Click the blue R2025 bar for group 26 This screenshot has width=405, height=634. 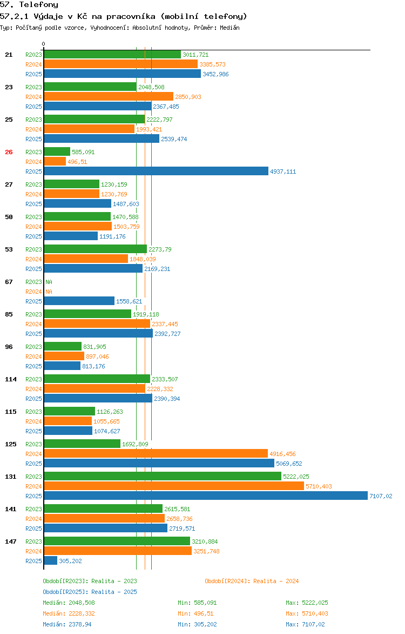[156, 171]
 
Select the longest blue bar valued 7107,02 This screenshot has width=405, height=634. [205, 496]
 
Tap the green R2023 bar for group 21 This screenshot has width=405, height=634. [112, 55]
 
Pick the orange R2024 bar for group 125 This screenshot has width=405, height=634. [156, 454]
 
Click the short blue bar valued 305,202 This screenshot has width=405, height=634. [50, 561]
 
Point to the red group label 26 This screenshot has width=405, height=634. [9, 152]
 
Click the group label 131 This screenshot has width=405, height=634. [11, 477]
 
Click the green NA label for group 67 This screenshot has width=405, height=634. [49, 282]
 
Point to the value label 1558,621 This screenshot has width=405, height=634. [129, 301]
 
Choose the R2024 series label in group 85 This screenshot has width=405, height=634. [33, 324]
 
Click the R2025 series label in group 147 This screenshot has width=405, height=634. [33, 561]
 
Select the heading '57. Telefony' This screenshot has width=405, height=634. [29, 5]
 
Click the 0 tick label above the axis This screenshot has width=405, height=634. [44, 44]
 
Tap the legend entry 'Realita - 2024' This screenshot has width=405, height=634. [252, 581]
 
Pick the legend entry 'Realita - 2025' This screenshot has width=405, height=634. [90, 592]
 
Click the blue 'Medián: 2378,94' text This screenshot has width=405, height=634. [69, 624]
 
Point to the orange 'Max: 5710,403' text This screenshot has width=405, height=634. [307, 613]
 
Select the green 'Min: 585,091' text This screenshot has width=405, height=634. [197, 603]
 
